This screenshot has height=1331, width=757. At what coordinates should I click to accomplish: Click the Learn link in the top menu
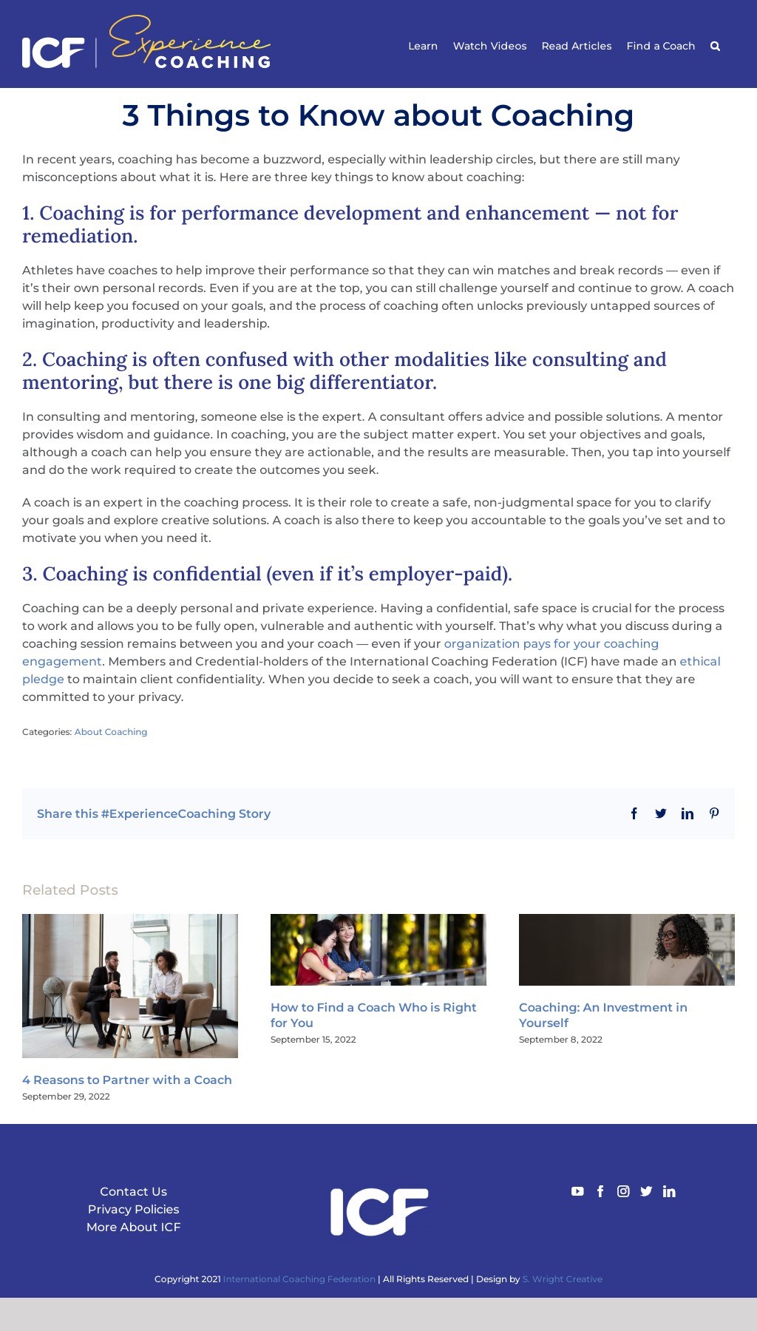(x=423, y=46)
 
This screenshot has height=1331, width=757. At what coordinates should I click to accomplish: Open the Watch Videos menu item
(x=489, y=46)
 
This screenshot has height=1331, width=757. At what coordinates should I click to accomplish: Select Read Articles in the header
(x=577, y=46)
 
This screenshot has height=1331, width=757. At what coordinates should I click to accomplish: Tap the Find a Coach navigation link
(x=661, y=46)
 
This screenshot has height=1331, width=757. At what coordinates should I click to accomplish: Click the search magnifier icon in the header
(x=715, y=46)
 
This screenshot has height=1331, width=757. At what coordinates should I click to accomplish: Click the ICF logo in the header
(x=53, y=52)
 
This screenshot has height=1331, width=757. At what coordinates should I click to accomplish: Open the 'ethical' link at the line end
(x=699, y=661)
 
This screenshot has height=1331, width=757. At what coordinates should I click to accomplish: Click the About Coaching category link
(x=111, y=732)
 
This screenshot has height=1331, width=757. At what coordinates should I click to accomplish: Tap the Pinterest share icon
(x=714, y=813)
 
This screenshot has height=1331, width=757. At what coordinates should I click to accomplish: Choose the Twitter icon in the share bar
(x=661, y=813)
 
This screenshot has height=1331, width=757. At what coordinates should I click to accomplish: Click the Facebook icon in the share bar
(x=634, y=813)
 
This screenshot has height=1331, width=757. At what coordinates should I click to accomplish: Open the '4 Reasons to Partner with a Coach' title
(x=127, y=1080)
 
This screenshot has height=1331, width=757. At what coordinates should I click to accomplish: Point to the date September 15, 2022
(x=313, y=1040)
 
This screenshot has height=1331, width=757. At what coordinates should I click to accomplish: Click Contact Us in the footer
(x=133, y=1191)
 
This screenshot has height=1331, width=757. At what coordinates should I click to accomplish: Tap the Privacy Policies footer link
(x=133, y=1209)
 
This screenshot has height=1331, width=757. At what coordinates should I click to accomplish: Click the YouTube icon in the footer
(x=577, y=1191)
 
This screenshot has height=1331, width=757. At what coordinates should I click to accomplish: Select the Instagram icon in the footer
(x=623, y=1191)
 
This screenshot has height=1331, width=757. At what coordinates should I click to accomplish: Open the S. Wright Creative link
(x=563, y=1279)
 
